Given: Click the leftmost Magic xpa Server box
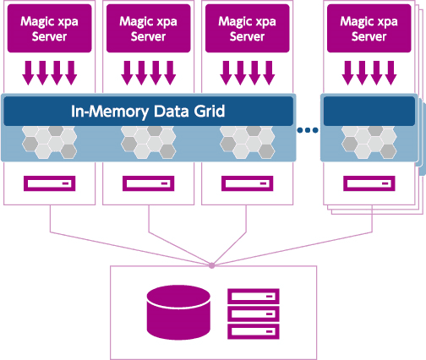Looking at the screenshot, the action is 50,28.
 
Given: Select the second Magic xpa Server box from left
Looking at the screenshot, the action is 149,28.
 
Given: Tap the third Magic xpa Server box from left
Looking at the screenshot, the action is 248,28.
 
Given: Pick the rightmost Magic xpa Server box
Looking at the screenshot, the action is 369,28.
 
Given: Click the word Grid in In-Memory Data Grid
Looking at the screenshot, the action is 209,112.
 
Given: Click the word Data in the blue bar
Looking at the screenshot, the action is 171,112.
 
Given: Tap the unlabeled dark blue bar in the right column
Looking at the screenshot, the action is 369,111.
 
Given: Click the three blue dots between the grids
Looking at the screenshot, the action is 308,130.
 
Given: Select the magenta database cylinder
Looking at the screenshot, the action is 178,313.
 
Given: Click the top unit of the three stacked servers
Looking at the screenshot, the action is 254,296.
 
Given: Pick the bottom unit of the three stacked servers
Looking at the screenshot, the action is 254,331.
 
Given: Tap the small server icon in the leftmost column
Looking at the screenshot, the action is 50,183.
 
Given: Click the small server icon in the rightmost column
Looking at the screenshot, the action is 369,183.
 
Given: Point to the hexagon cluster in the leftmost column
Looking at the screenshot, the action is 50,142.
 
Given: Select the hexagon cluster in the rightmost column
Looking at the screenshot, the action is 369,142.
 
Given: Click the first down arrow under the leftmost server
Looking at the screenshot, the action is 28,73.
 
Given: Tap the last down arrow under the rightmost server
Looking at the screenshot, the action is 390,73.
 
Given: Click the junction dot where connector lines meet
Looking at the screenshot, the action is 212,265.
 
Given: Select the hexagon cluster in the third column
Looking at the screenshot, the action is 248,142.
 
